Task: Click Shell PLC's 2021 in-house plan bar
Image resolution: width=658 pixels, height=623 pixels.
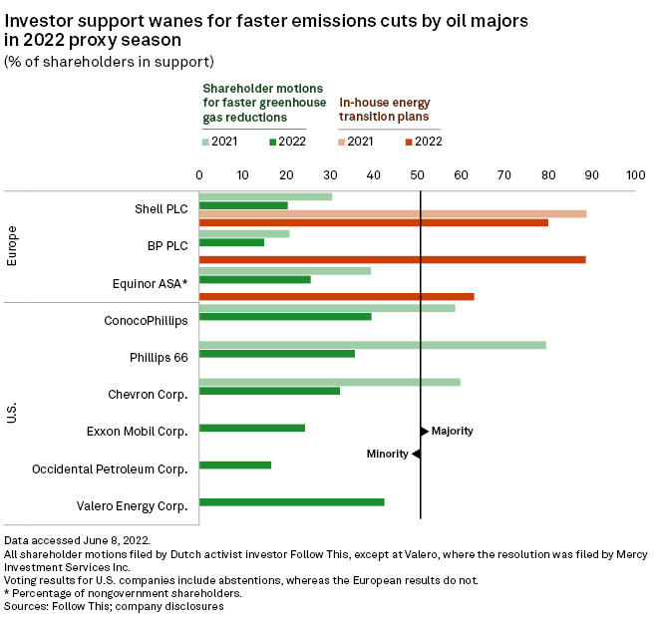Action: (393, 213)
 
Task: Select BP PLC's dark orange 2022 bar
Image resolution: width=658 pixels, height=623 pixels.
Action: (393, 259)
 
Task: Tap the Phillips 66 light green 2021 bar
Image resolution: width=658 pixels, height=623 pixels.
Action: (373, 345)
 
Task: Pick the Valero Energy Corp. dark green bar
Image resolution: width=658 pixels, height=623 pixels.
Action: (292, 501)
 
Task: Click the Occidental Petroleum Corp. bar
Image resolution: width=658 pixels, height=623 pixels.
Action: (235, 465)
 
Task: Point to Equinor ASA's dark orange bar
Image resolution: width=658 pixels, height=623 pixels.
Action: (337, 296)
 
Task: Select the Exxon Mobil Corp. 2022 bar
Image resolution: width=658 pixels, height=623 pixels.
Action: (252, 428)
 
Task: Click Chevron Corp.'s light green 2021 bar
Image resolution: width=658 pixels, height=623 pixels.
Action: (330, 382)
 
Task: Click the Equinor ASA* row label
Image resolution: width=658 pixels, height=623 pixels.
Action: (151, 283)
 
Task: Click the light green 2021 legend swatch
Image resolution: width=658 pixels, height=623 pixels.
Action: (205, 142)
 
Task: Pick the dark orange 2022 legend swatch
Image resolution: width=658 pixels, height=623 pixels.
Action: (407, 142)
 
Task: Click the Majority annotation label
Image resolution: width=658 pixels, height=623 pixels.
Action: (452, 432)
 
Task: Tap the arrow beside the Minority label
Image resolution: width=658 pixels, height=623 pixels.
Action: (417, 454)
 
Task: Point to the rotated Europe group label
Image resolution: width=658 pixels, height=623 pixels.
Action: (12, 246)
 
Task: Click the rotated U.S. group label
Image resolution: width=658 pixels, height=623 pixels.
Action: (12, 412)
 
